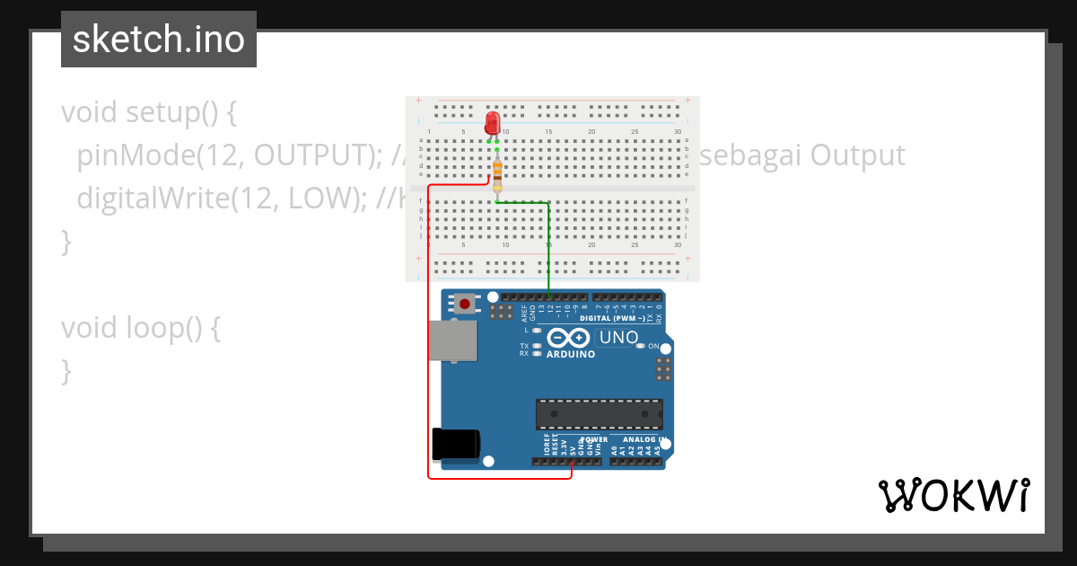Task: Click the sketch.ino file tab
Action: click(x=159, y=40)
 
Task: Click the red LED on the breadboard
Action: click(x=492, y=123)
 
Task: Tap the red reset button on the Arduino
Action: click(x=464, y=304)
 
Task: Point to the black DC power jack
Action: click(x=455, y=445)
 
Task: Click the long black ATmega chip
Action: click(x=599, y=414)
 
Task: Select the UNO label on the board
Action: click(x=617, y=338)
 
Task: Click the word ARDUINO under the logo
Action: click(x=571, y=354)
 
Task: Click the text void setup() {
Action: click(x=148, y=112)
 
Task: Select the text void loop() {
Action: click(x=140, y=328)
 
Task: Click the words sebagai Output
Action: click(x=801, y=155)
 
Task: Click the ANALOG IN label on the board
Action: click(x=638, y=439)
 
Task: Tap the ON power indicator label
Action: click(x=654, y=346)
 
